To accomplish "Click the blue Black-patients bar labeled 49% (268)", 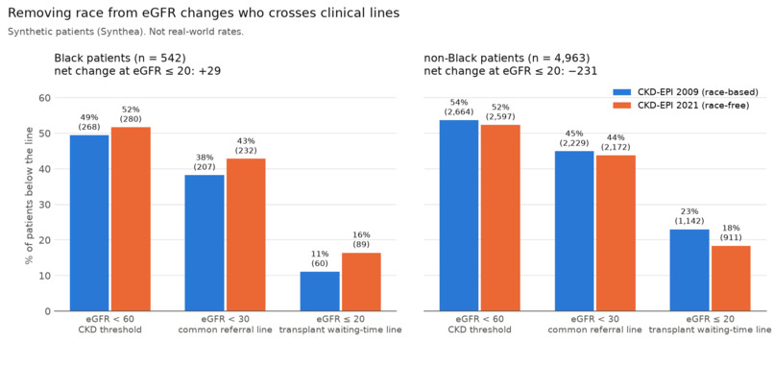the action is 89,223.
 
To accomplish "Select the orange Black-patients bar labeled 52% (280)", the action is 131,219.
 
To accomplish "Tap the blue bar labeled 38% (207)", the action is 205,243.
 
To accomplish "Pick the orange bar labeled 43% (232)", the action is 246,234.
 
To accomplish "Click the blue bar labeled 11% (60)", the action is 320,291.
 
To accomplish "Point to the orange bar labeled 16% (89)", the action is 361,282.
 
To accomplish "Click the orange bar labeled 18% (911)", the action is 731,279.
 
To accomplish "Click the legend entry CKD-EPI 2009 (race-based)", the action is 686,92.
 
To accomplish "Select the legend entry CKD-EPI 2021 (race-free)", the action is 681,105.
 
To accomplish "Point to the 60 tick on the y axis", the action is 44,98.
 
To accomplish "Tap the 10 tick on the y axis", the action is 44,276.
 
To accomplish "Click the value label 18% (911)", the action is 731,232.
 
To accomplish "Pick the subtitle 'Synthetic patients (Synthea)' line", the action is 126,32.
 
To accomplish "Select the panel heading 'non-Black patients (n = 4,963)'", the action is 507,58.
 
